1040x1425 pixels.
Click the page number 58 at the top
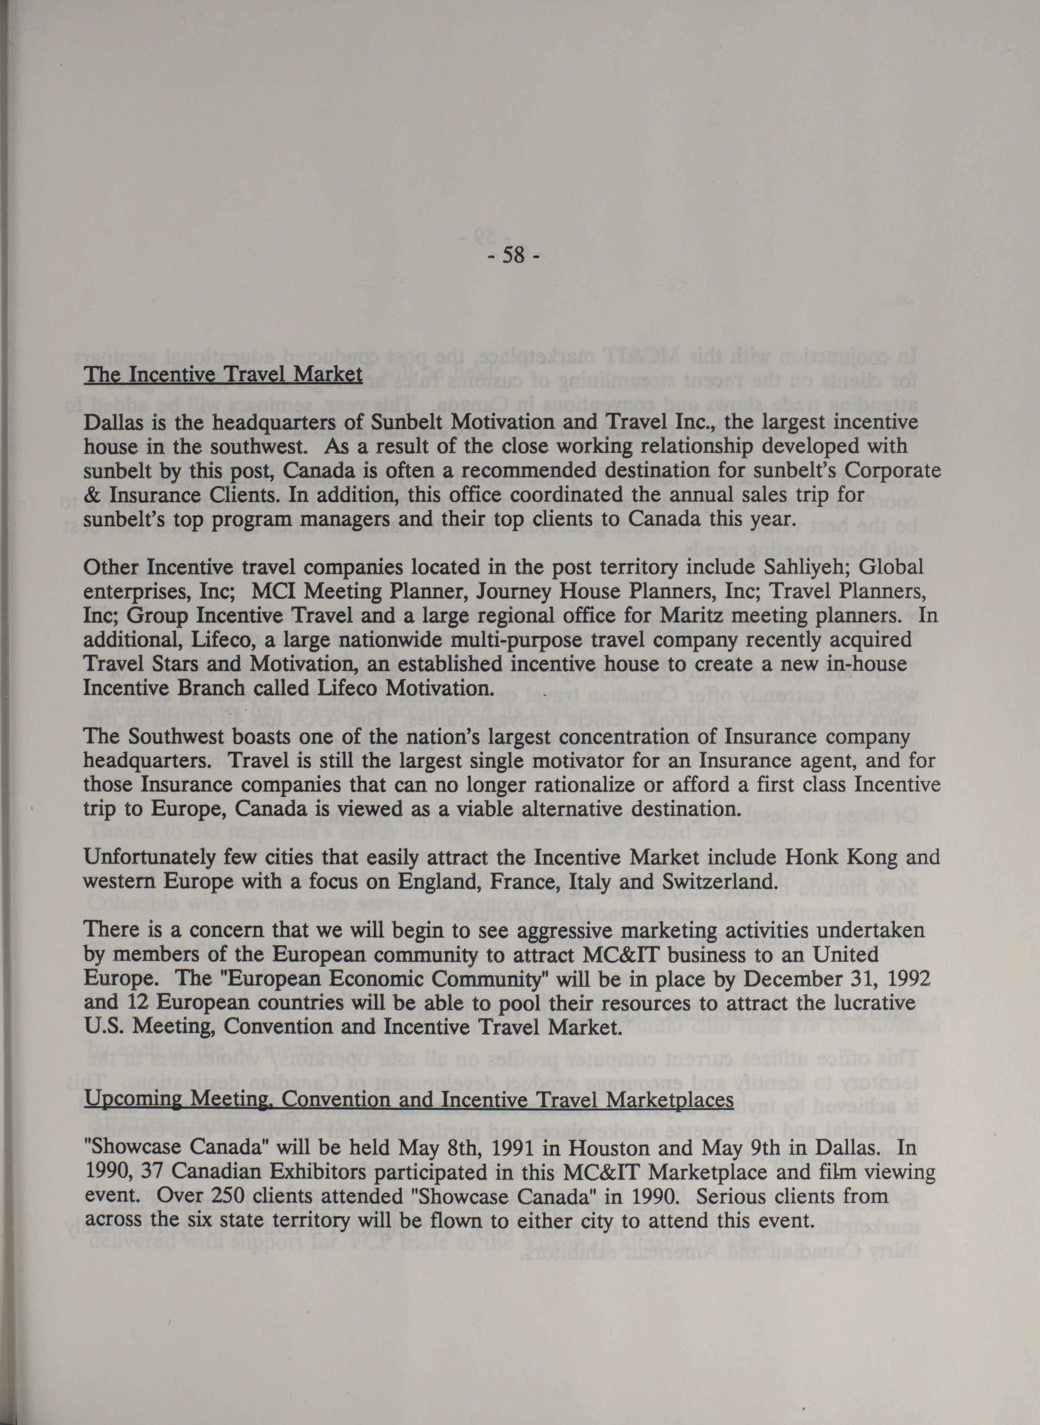pos(514,257)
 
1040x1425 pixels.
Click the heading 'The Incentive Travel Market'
pos(223,375)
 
